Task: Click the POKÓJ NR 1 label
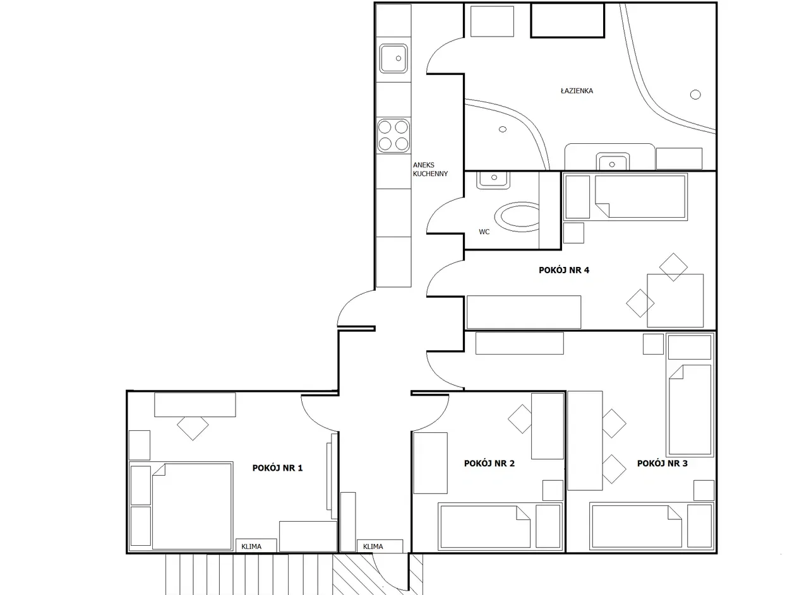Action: tap(277, 468)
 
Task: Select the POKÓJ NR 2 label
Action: tap(489, 463)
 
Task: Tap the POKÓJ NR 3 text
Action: tap(662, 463)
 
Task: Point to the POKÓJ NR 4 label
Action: tap(564, 270)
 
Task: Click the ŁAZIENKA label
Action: tap(577, 91)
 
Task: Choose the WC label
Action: tap(484, 232)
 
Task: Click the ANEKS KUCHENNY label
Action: tap(430, 170)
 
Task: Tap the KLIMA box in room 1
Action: tap(256, 546)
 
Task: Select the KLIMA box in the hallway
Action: tap(380, 546)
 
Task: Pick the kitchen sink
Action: tap(393, 59)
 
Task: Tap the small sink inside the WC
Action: tap(493, 180)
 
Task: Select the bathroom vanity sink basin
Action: tap(612, 162)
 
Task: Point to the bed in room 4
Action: tap(625, 197)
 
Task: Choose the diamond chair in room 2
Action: tap(522, 419)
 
